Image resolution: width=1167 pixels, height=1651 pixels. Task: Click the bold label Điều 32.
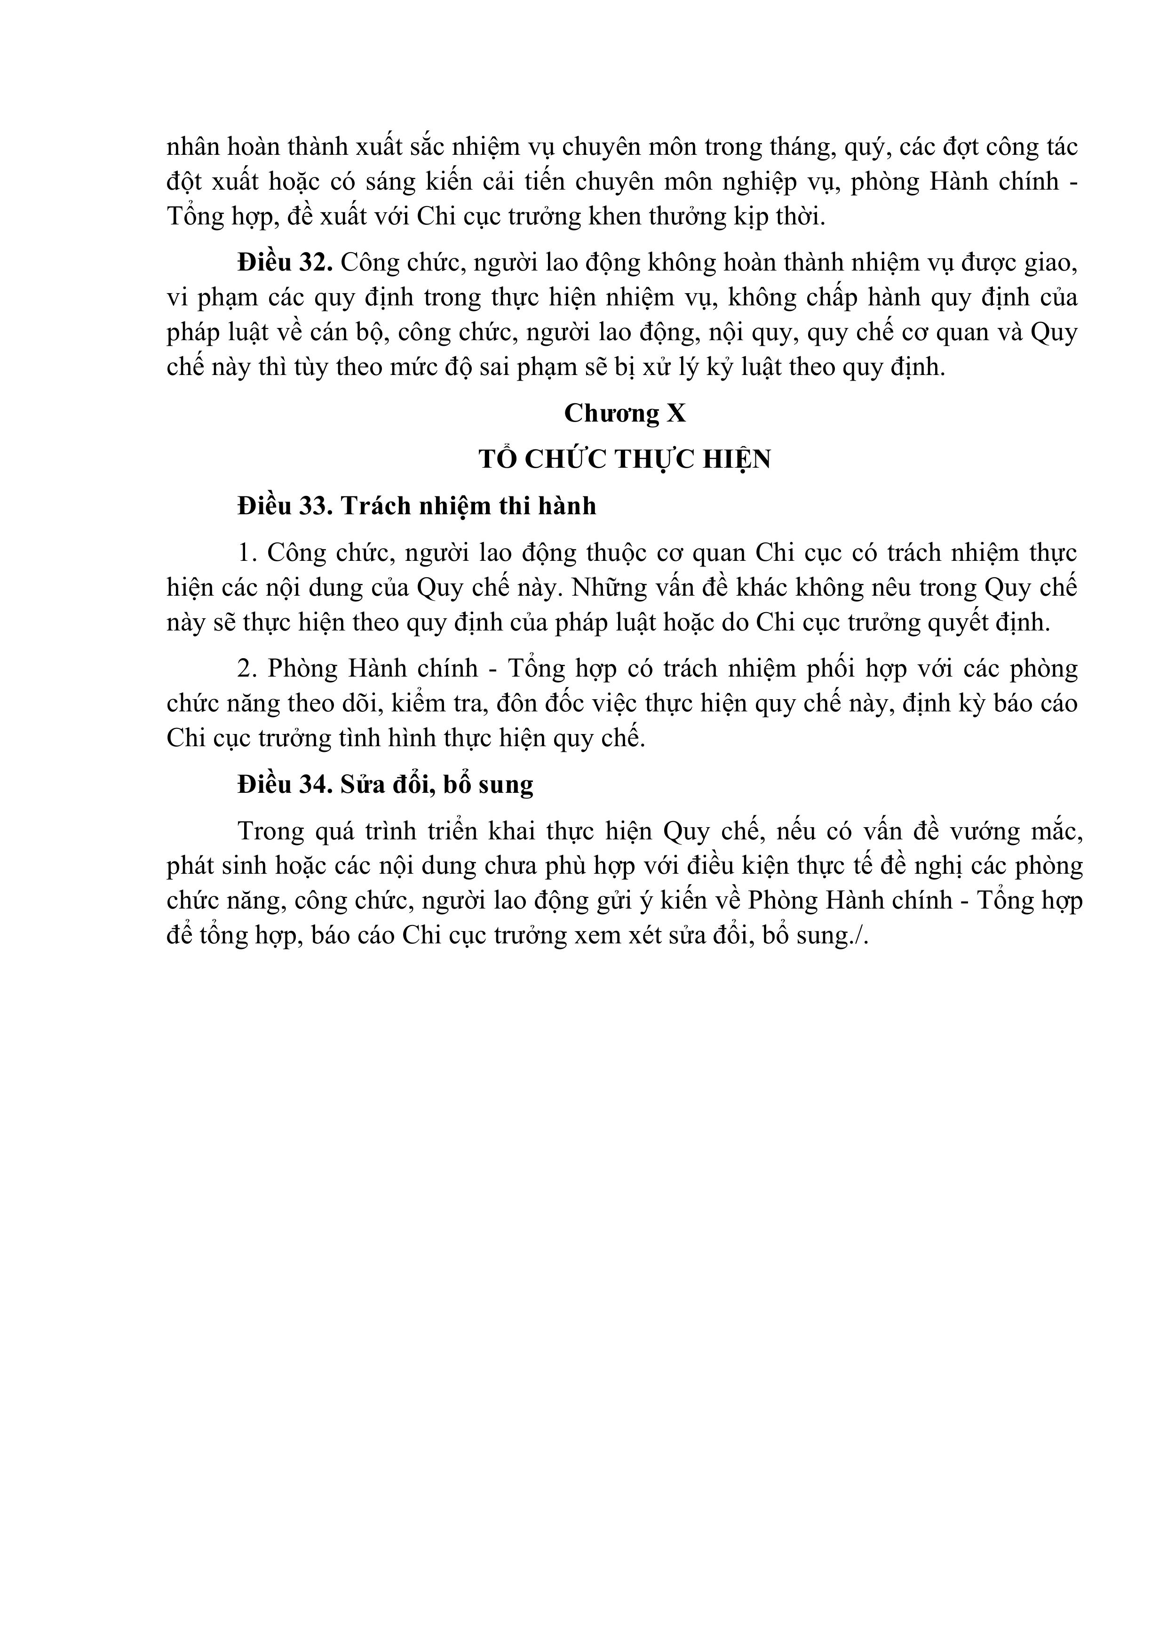point(285,263)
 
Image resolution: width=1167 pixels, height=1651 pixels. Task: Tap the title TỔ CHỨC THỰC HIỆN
point(624,459)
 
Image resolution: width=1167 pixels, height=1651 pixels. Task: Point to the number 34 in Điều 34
point(313,783)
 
